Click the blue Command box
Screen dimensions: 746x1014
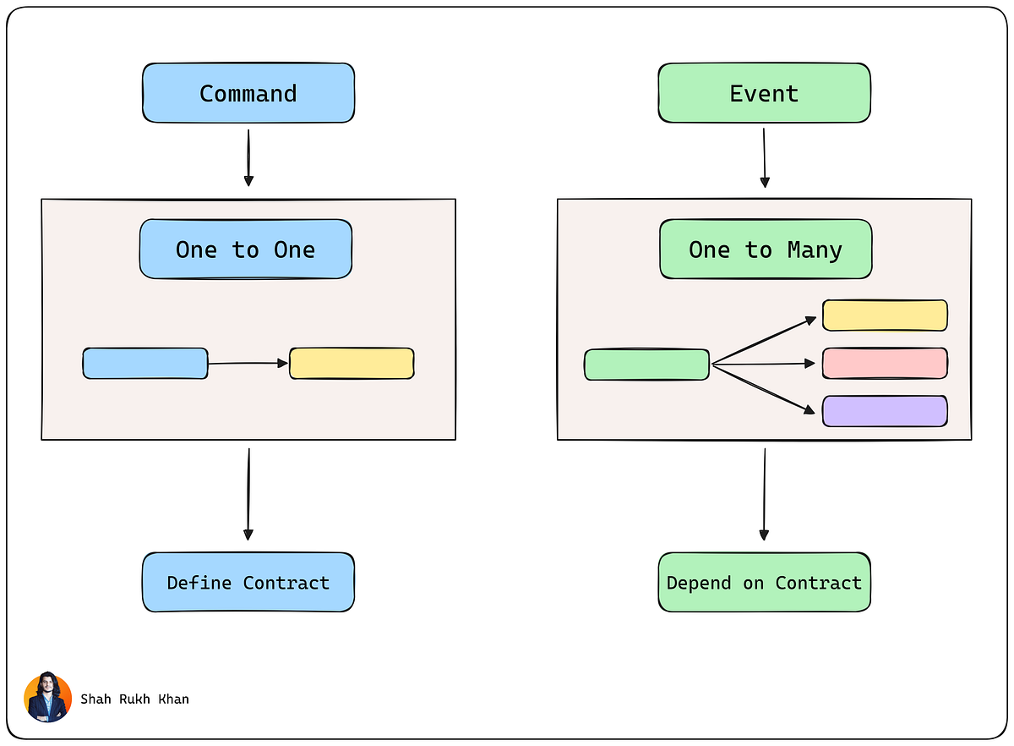coord(248,93)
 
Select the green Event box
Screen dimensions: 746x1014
coord(764,93)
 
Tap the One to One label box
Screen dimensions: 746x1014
coord(245,250)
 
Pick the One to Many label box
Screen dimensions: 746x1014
coord(765,250)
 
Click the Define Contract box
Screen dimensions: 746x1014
coord(248,583)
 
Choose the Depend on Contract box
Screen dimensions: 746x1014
coord(764,583)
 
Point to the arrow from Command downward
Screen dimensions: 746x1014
coord(248,157)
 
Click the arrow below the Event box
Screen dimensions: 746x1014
coord(764,158)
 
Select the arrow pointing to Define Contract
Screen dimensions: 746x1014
coord(248,495)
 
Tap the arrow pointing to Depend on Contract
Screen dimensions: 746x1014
coord(764,495)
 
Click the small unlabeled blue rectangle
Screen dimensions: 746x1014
coord(145,363)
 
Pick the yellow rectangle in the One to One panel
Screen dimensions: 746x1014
coord(352,363)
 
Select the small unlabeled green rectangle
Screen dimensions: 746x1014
coord(646,365)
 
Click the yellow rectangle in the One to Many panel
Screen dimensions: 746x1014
coord(885,315)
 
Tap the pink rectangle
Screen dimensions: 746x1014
coord(885,363)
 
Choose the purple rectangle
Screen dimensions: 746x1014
coord(885,411)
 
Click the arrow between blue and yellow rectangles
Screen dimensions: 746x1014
coord(248,364)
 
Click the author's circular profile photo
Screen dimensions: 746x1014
coord(47,698)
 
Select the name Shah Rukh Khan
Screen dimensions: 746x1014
coord(134,699)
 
